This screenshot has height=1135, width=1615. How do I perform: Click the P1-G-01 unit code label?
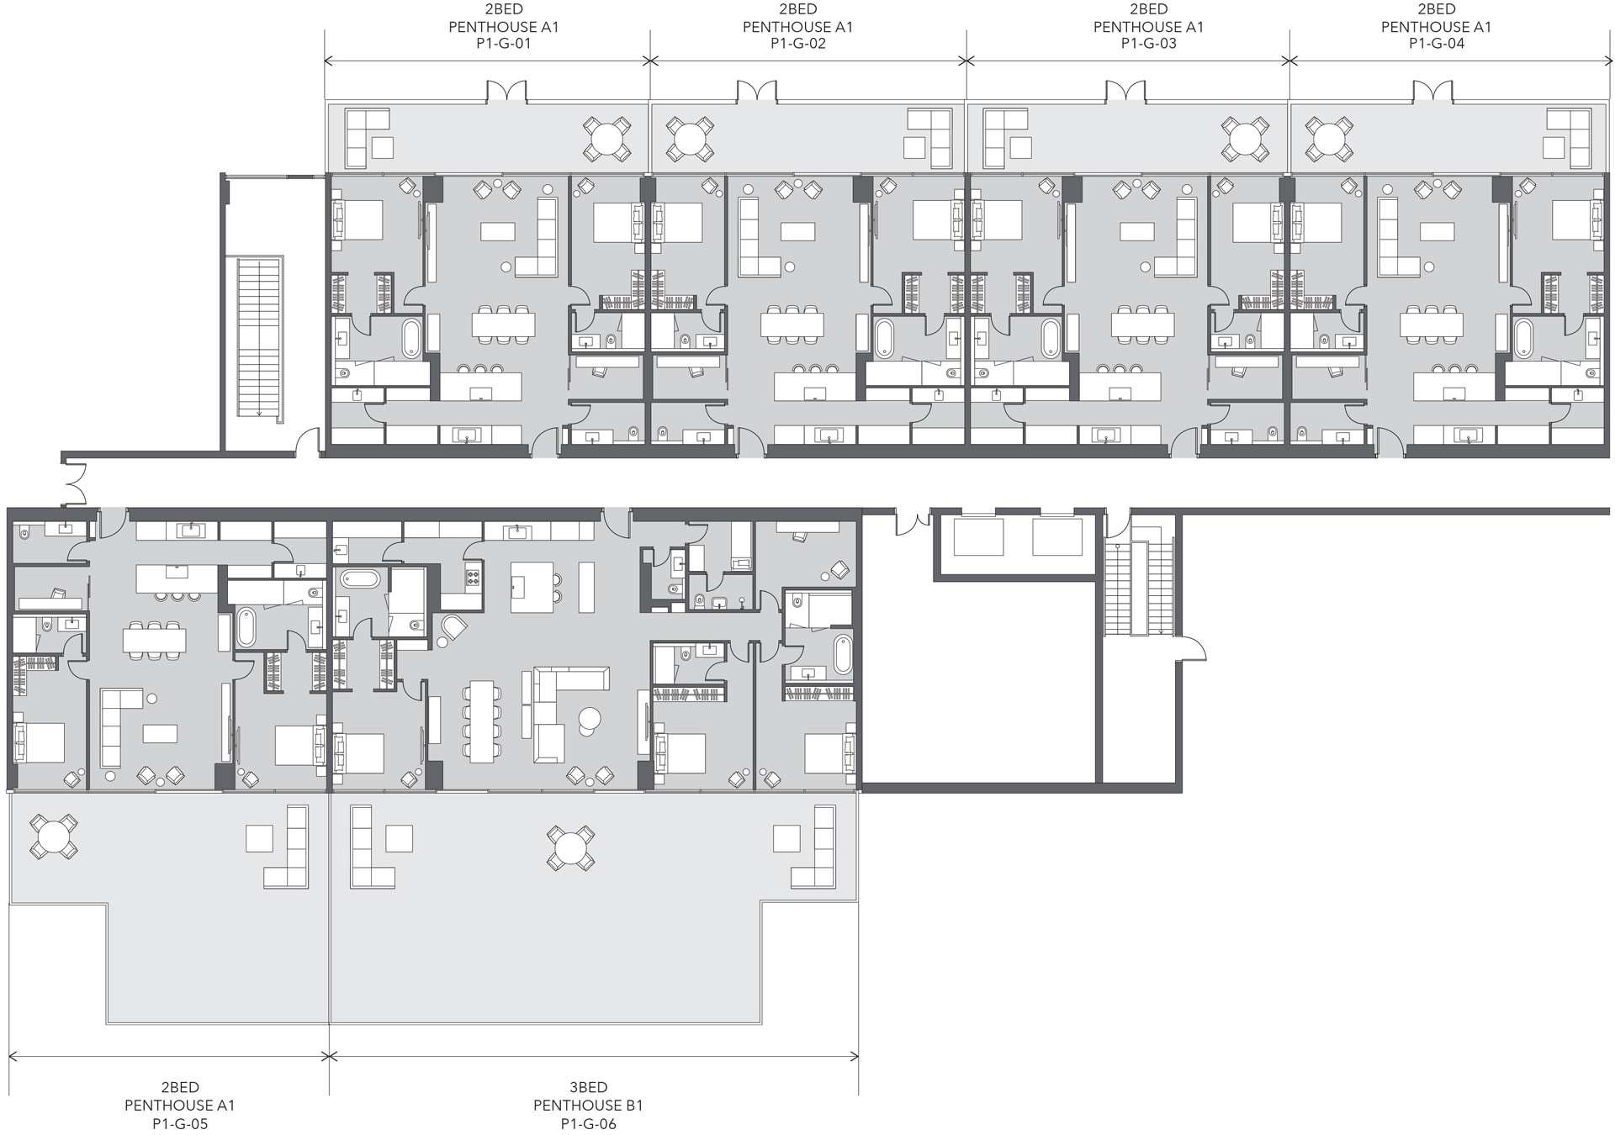pos(503,44)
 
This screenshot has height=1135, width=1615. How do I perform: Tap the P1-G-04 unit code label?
pos(1436,44)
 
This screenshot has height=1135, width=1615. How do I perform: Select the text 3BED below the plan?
pos(588,1087)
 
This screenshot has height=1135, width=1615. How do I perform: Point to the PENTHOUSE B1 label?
pos(588,1105)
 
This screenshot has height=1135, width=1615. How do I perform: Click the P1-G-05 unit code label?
pos(180,1123)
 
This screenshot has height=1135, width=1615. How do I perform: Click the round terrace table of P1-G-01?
pos(606,137)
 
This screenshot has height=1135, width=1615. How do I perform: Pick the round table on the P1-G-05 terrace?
pos(53,836)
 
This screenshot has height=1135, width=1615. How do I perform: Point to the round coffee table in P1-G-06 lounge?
pos(589,719)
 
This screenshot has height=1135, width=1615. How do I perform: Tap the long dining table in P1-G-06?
pos(483,721)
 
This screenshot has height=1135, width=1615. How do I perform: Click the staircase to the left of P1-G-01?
pos(258,338)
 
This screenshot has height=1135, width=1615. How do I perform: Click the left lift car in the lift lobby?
pos(977,537)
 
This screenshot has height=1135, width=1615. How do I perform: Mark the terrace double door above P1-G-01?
pos(506,92)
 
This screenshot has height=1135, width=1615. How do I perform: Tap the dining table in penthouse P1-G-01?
pos(503,323)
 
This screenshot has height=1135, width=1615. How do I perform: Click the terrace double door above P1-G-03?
pos(1125,92)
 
